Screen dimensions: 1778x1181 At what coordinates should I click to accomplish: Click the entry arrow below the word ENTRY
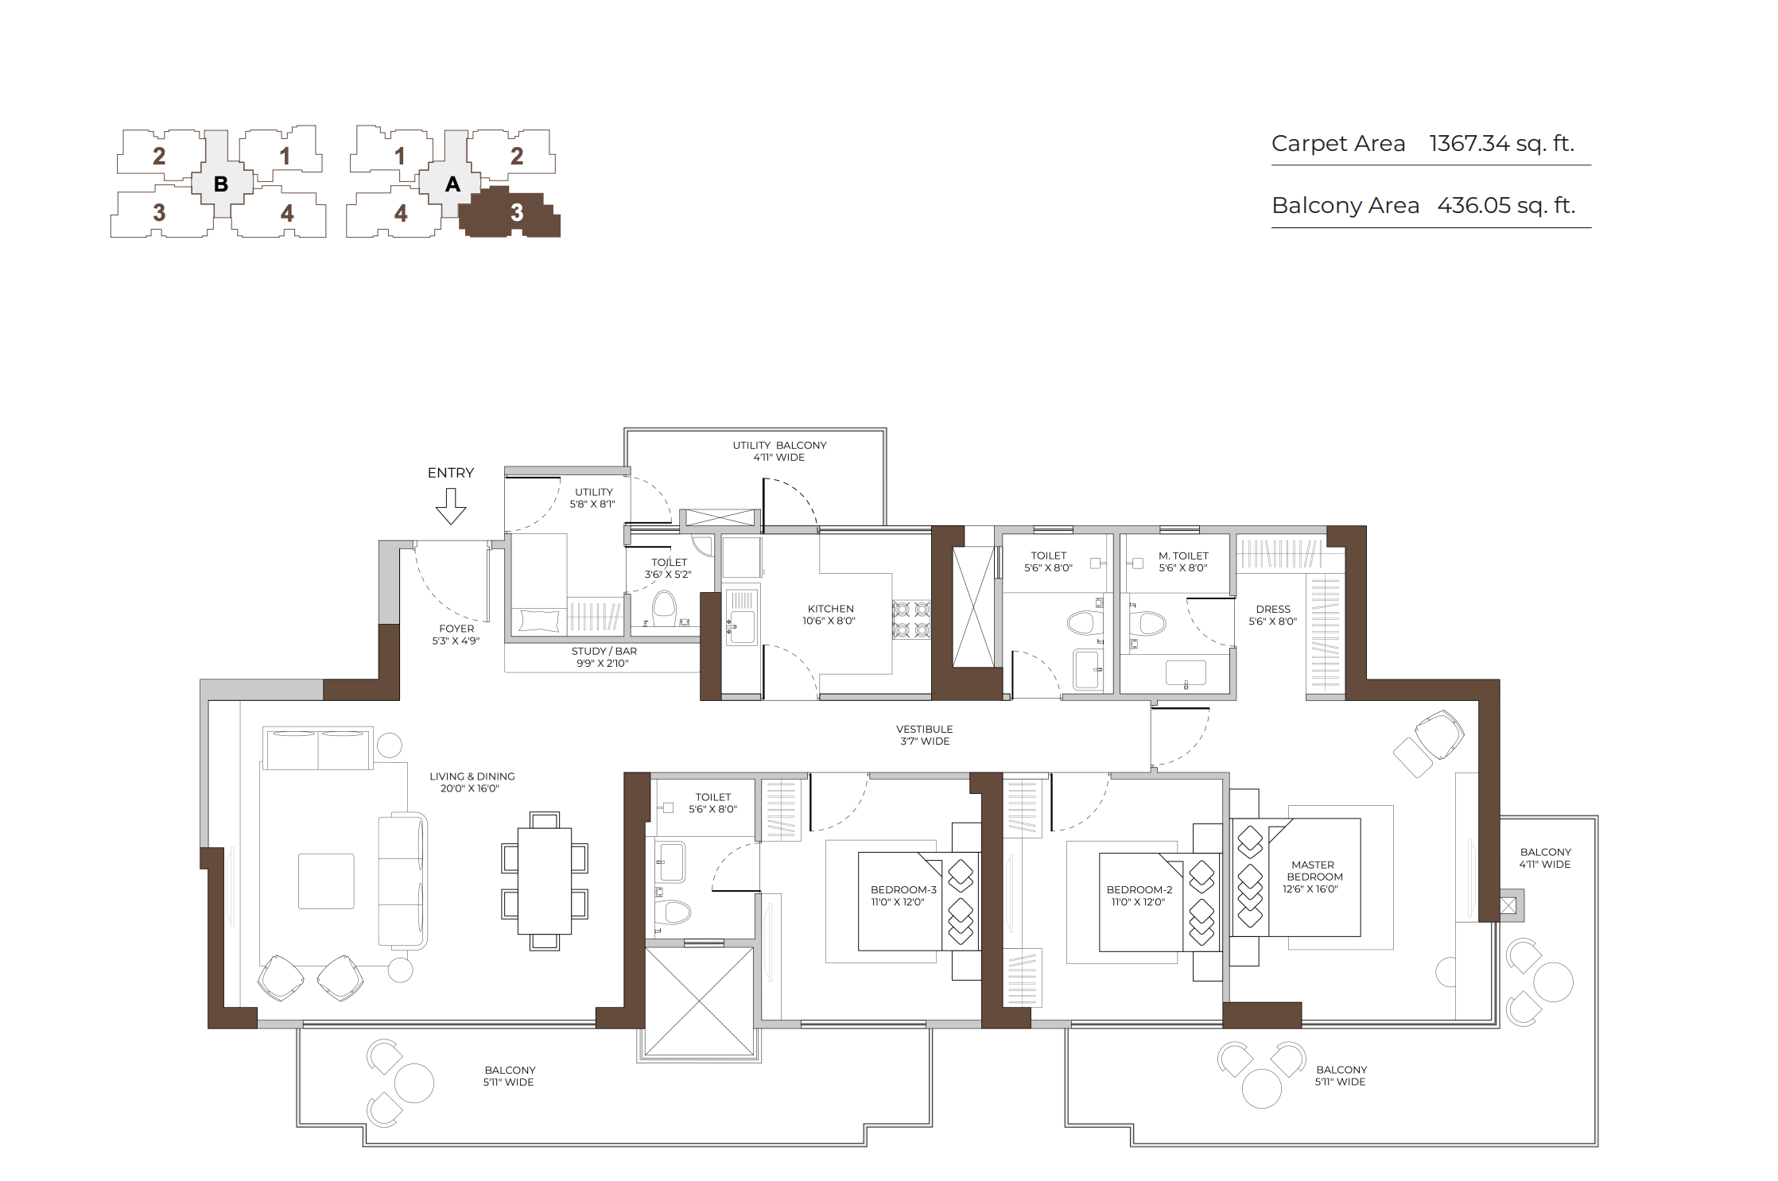coord(451,506)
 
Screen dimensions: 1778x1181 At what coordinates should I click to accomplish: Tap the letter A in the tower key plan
coord(452,184)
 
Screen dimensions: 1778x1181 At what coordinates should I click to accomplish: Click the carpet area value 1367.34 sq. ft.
coord(1501,144)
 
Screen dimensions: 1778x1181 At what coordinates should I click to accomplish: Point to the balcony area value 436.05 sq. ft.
coord(1506,206)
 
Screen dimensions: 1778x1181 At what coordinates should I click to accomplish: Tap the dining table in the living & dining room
coord(545,881)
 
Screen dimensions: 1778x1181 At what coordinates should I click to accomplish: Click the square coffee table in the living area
coord(326,881)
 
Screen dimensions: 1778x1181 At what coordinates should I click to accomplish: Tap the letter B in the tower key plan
coord(221,184)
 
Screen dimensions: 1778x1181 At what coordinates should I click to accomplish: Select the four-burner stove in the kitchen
coord(911,620)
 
